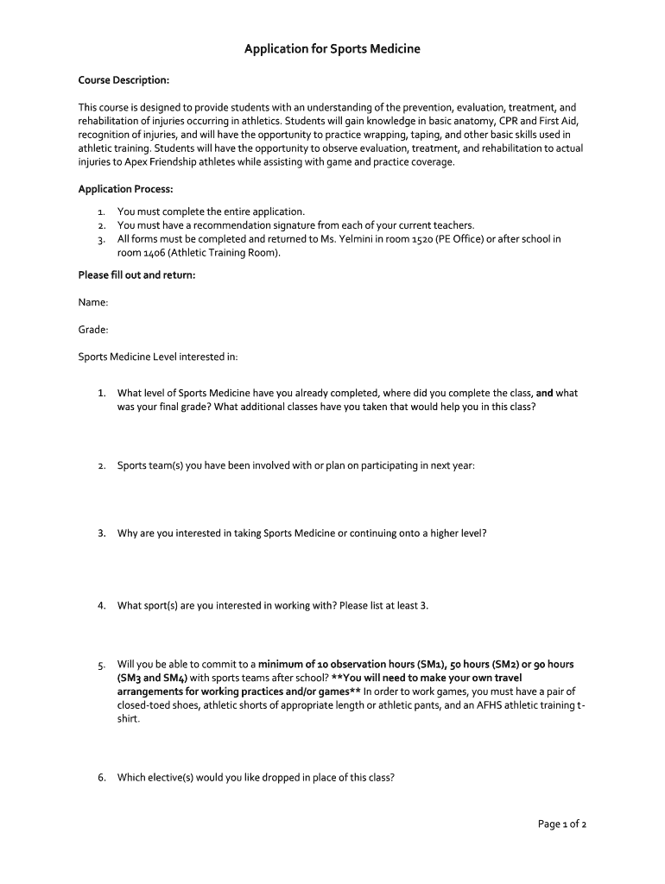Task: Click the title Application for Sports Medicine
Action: click(332, 49)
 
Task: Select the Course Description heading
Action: click(123, 80)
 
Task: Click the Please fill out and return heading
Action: click(136, 275)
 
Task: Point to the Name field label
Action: click(93, 302)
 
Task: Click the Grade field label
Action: click(93, 329)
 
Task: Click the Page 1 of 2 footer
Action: click(562, 824)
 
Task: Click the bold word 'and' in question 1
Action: click(544, 393)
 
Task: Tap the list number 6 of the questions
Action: click(101, 777)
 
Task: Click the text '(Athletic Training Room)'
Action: click(224, 253)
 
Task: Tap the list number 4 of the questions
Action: click(101, 605)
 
